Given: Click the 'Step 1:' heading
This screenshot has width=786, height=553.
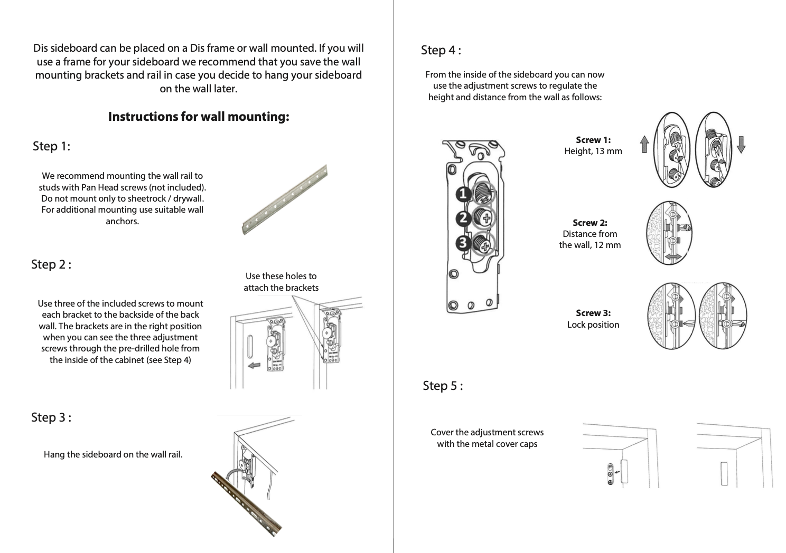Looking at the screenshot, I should pos(51,146).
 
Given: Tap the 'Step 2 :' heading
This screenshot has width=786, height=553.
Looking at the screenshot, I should pos(51,264).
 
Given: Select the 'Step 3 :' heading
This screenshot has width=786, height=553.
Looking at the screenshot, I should pos(51,418).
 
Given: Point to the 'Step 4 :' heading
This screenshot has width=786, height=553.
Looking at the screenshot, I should pos(441,51).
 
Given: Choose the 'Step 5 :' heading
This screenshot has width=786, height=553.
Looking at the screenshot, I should pos(443,386).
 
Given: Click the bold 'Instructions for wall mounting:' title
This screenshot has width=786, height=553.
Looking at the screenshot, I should pos(199,117).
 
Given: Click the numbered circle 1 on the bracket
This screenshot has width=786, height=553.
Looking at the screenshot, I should pos(464,195).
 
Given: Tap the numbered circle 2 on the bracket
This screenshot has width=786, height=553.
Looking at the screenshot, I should pos(464,218).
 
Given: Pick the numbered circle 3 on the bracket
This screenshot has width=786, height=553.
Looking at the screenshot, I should pos(463,243).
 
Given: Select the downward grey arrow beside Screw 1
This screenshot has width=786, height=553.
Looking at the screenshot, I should pos(741,144).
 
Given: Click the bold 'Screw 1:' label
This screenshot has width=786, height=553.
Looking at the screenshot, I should pos(593,140).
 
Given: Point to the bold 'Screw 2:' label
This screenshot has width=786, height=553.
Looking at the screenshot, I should pos(590,223).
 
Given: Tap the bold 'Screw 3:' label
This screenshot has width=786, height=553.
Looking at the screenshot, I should pos(593,313).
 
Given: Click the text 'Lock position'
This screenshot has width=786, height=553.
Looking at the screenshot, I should pos(593,325).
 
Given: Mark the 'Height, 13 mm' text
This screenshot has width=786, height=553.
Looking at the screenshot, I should pos(593,151).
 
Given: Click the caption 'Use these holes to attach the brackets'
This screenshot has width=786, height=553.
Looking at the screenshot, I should pos(281,282).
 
